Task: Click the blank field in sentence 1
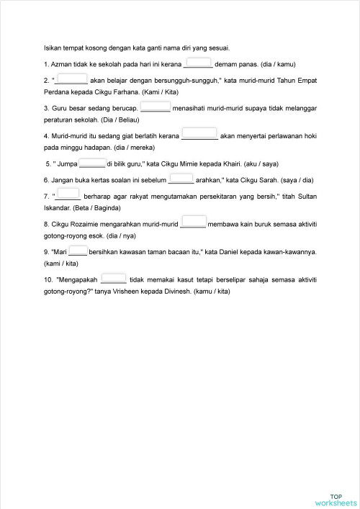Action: click(198, 63)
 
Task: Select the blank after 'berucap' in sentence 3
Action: click(155, 107)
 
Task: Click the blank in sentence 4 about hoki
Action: click(199, 133)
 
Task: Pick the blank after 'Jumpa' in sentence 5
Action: click(92, 163)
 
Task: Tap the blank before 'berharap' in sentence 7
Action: click(68, 194)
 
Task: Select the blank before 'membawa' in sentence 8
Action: click(193, 222)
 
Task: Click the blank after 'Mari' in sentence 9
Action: click(78, 251)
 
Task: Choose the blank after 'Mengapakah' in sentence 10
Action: click(114, 278)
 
